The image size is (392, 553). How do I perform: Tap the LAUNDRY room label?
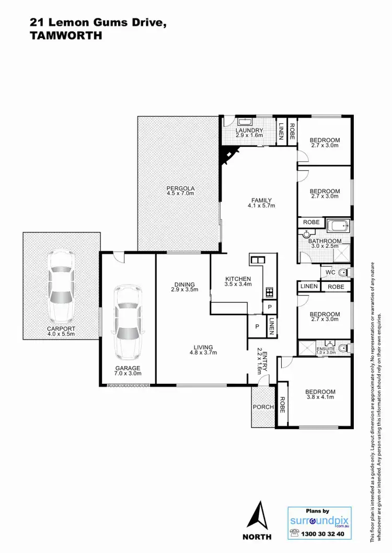pos(248,131)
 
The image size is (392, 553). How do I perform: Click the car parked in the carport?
pos(62,287)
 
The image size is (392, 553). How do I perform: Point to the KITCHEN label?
pos(238,278)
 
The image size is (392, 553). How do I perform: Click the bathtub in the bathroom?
pos(338,227)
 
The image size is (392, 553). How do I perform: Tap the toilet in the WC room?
pos(343,272)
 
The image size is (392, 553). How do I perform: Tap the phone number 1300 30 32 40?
pos(326,534)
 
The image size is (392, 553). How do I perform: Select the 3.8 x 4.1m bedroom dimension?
pos(321,397)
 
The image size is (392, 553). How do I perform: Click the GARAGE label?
pos(128,368)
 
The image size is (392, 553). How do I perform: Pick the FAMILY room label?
pos(261,200)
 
